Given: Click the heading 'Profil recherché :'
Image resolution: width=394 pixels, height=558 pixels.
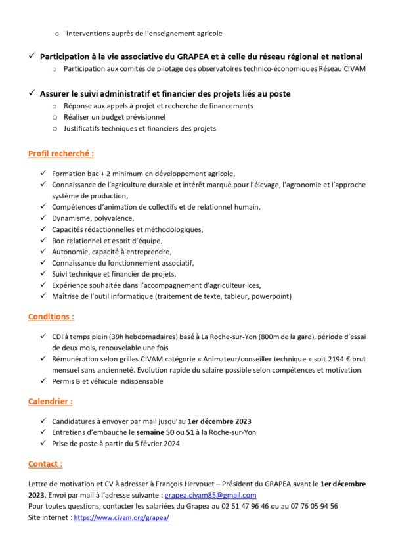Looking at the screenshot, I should coord(60,153).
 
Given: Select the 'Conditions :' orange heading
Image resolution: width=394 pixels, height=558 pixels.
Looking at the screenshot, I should coord(51,317).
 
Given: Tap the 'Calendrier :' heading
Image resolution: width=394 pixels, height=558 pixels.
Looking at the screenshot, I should coord(50,401).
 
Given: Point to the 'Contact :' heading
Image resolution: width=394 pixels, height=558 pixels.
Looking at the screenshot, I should coord(45,464).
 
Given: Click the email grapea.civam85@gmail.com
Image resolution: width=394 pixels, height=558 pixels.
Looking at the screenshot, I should coord(210,495).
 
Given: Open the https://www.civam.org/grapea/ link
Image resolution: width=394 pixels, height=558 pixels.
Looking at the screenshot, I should coord(121,517).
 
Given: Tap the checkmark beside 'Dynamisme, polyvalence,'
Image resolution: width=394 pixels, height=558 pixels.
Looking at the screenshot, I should coord(43,218).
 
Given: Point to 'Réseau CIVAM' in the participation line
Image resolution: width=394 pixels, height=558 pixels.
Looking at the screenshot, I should coord(347,68).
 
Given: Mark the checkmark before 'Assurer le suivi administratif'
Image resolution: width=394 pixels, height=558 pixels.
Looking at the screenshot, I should coord(32,93).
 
